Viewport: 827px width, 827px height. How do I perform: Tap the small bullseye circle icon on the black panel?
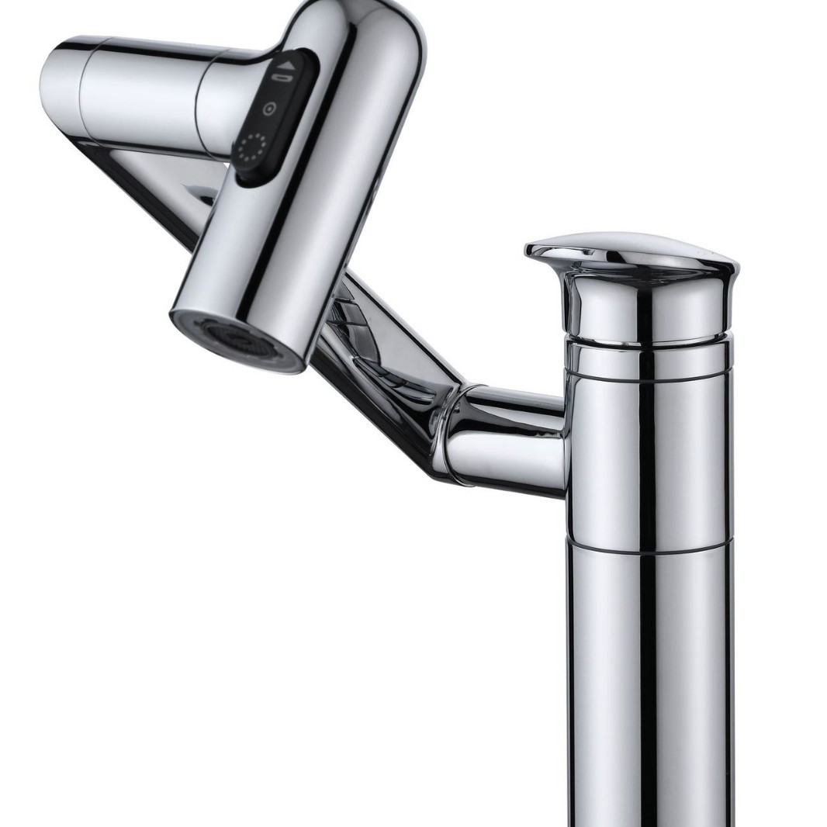coord(268,109)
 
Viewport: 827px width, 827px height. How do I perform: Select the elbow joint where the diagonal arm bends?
coord(450,419)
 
